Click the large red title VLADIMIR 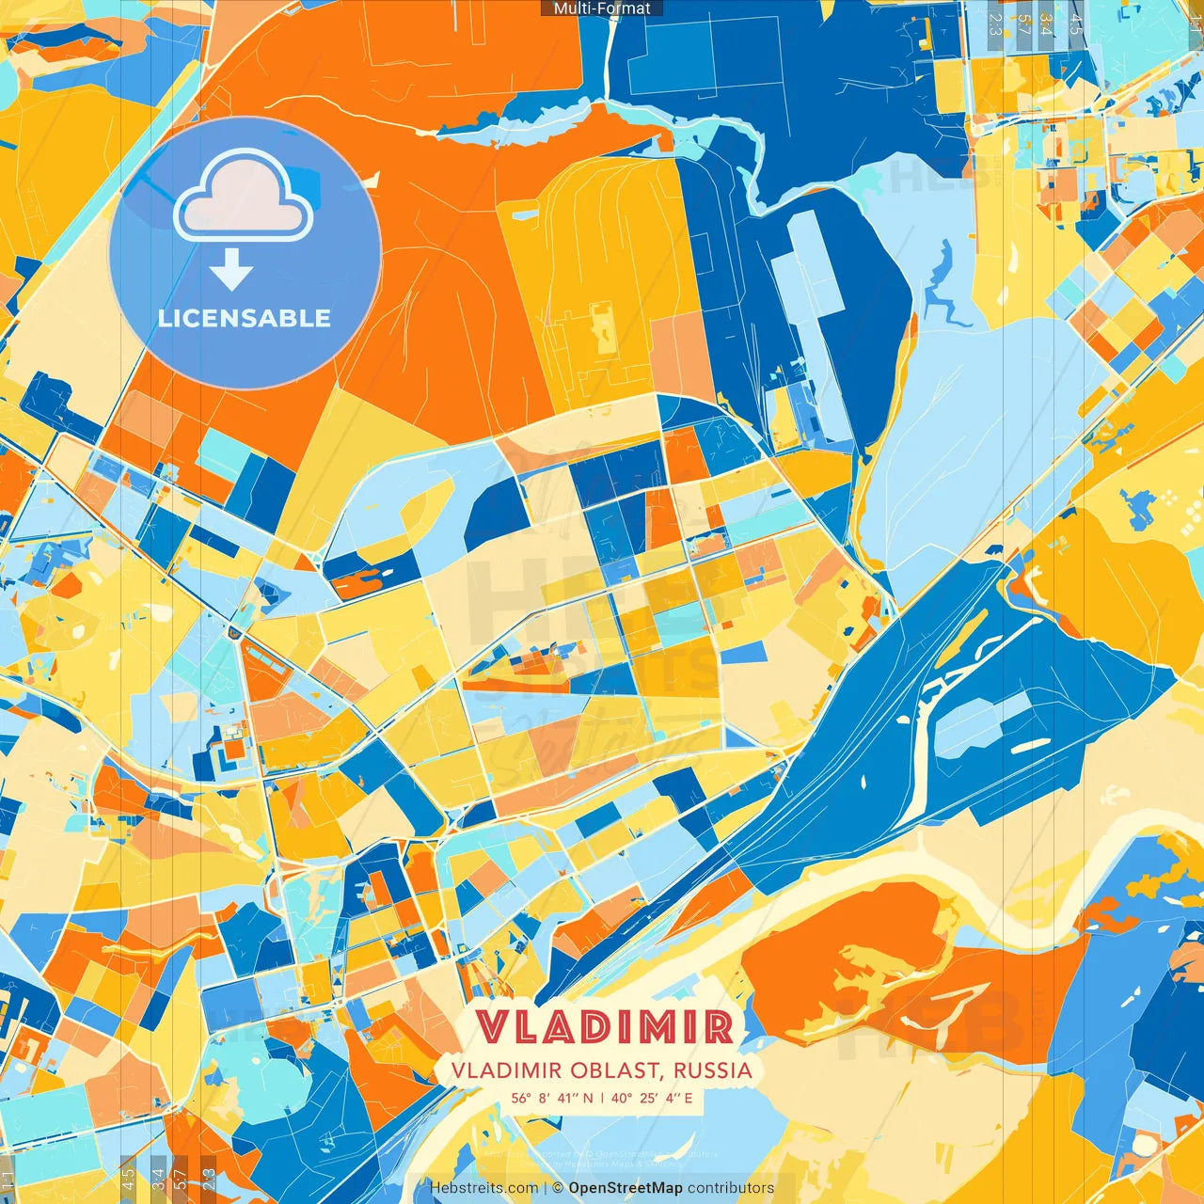[x=603, y=1027]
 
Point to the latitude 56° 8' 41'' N [x=552, y=1098]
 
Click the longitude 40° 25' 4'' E [x=651, y=1098]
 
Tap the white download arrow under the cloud [x=231, y=270]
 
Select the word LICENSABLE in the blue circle [x=245, y=318]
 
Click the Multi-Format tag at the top [x=602, y=8]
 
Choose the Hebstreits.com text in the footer [x=483, y=1188]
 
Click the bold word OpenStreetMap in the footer [x=626, y=1188]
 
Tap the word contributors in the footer [x=731, y=1188]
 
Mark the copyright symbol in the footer [x=558, y=1188]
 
